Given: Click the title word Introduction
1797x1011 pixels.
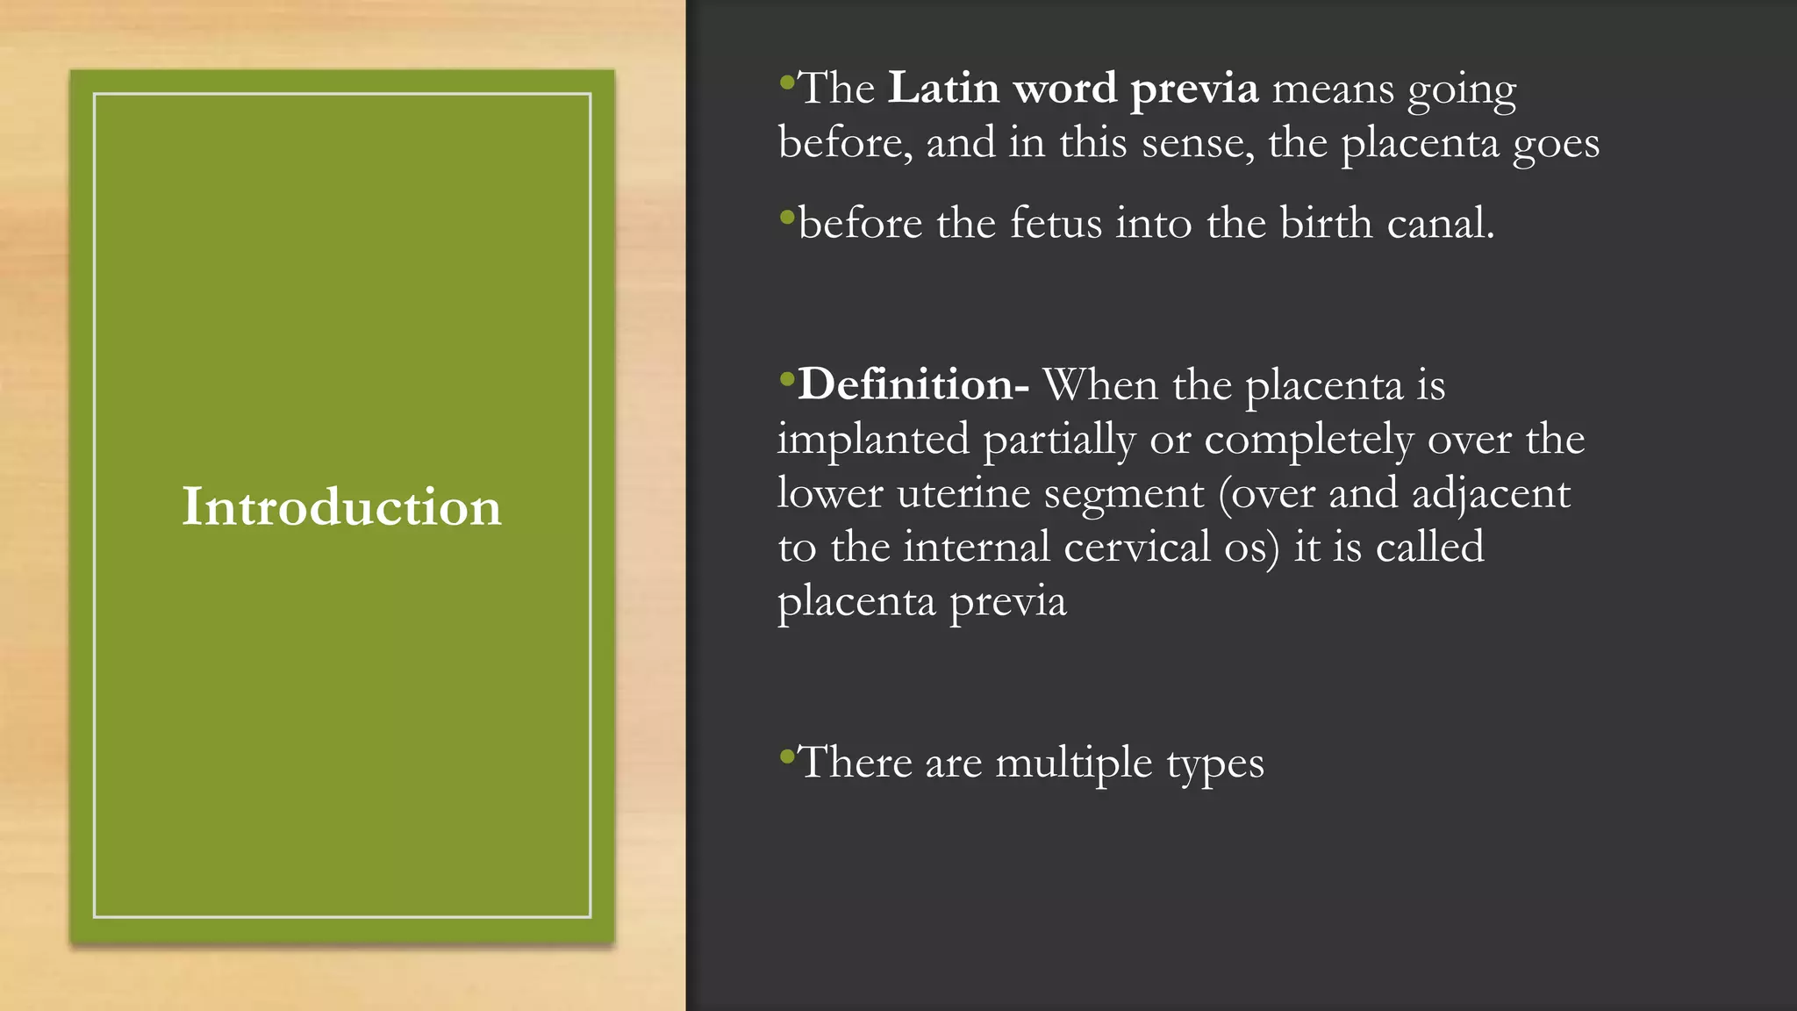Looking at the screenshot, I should tap(341, 507).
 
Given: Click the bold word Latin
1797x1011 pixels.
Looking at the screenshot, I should tap(944, 89).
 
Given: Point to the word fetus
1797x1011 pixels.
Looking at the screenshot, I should tap(1056, 223).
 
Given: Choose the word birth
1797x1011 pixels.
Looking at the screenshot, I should tap(1326, 223).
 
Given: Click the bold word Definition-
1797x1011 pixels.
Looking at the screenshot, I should tap(913, 384).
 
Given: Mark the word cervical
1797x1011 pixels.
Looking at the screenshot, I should tap(1137, 548).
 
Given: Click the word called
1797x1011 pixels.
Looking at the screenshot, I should tap(1430, 548).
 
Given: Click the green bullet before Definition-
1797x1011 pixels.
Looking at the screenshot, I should tap(786, 379).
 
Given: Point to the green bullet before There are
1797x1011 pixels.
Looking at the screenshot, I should tap(786, 756).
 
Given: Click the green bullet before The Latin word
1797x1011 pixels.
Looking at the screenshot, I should tap(786, 83).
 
